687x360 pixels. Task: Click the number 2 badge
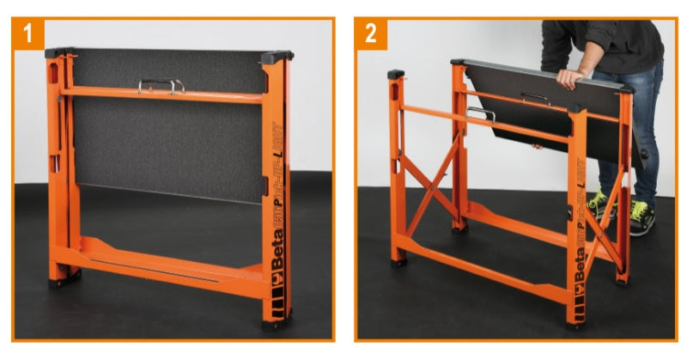point(371,35)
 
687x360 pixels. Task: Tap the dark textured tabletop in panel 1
point(163,146)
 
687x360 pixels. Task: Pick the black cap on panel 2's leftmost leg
point(396,76)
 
